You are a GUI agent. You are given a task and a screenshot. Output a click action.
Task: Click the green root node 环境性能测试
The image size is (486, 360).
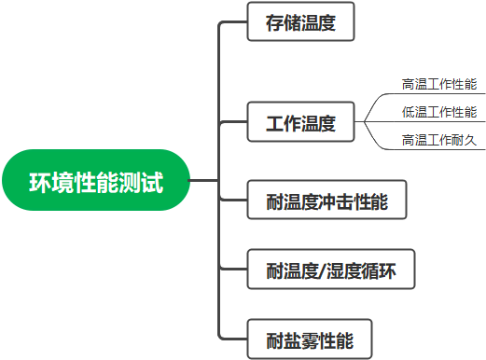(x=96, y=180)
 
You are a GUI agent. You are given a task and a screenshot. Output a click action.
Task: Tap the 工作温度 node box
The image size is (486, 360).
(x=300, y=123)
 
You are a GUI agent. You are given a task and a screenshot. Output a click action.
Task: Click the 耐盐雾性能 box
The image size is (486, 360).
(x=310, y=339)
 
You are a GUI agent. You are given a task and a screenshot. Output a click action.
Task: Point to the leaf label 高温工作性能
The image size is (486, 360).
(x=439, y=84)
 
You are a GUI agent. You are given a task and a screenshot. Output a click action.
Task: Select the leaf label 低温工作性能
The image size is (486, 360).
(x=439, y=112)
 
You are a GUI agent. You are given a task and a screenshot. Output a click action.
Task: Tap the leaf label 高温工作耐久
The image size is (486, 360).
(x=439, y=140)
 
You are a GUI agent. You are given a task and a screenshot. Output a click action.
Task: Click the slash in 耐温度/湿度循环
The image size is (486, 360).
(x=327, y=272)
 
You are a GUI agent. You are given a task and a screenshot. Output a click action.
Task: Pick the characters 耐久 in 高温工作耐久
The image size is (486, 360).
(x=465, y=140)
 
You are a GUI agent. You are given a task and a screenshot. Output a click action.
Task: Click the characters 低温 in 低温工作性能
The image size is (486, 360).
(x=414, y=112)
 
